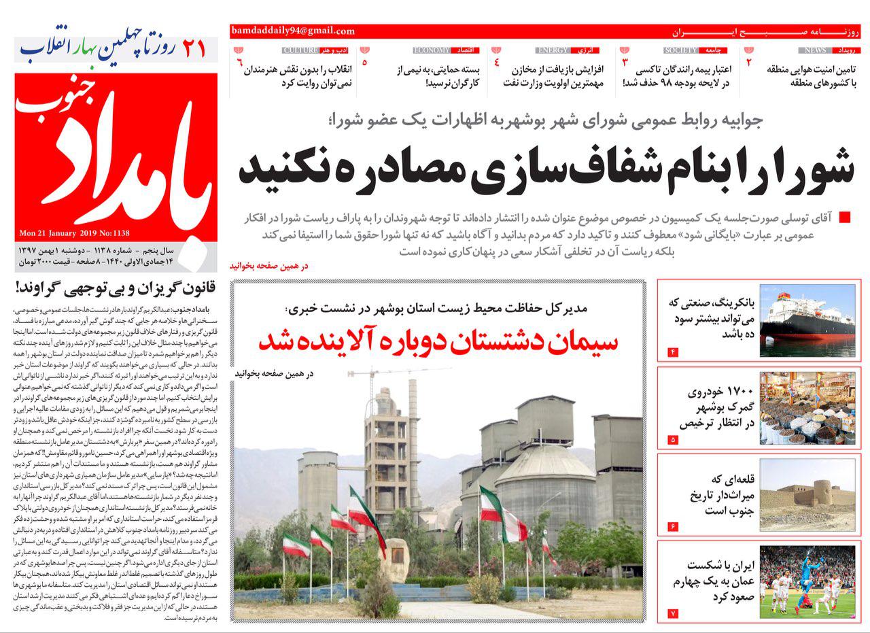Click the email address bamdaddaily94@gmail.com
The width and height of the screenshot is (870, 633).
pyautogui.click(x=293, y=31)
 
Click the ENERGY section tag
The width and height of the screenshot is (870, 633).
pyautogui.click(x=551, y=50)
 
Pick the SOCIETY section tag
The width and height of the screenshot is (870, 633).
pyautogui.click(x=680, y=50)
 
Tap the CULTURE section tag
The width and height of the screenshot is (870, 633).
pyautogui.click(x=300, y=50)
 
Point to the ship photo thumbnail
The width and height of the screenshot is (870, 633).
pyautogui.click(x=807, y=320)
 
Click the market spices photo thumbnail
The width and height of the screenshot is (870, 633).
pyautogui.click(x=807, y=408)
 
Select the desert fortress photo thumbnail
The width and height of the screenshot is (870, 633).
pyautogui.click(x=807, y=495)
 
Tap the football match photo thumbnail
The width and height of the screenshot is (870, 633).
pyautogui.click(x=807, y=582)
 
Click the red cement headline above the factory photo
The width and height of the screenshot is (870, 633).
pyautogui.click(x=438, y=342)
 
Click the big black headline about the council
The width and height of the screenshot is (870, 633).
pyautogui.click(x=546, y=168)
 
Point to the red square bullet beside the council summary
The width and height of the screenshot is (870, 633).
pyautogui.click(x=845, y=218)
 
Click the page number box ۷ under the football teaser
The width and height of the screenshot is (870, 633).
pyautogui.click(x=673, y=613)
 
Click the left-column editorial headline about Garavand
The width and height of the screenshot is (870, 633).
pyautogui.click(x=116, y=287)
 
